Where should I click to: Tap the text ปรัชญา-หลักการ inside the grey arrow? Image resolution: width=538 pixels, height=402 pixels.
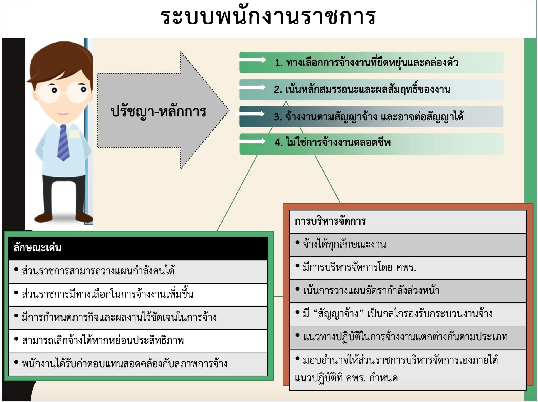click(x=158, y=112)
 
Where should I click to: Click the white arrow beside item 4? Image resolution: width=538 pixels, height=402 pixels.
click(x=252, y=141)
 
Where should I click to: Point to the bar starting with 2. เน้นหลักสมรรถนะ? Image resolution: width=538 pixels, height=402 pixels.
click(x=362, y=90)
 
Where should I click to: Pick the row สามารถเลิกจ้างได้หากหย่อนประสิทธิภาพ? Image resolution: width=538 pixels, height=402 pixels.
click(x=103, y=341)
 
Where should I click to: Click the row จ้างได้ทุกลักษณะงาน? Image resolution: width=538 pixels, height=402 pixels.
click(x=344, y=244)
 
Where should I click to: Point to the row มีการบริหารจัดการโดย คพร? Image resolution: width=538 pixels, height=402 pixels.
click(x=359, y=267)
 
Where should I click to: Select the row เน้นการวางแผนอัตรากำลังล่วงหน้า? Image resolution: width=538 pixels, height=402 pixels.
click(x=371, y=291)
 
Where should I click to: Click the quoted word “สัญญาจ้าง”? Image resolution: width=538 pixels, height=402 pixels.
click(x=338, y=314)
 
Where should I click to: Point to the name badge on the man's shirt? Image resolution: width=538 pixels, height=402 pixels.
click(x=74, y=134)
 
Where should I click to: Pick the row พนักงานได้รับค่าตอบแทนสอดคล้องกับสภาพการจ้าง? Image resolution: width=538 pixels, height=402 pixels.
click(x=124, y=364)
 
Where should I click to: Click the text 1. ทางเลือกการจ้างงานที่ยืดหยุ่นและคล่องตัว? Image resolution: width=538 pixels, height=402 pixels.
click(x=367, y=63)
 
